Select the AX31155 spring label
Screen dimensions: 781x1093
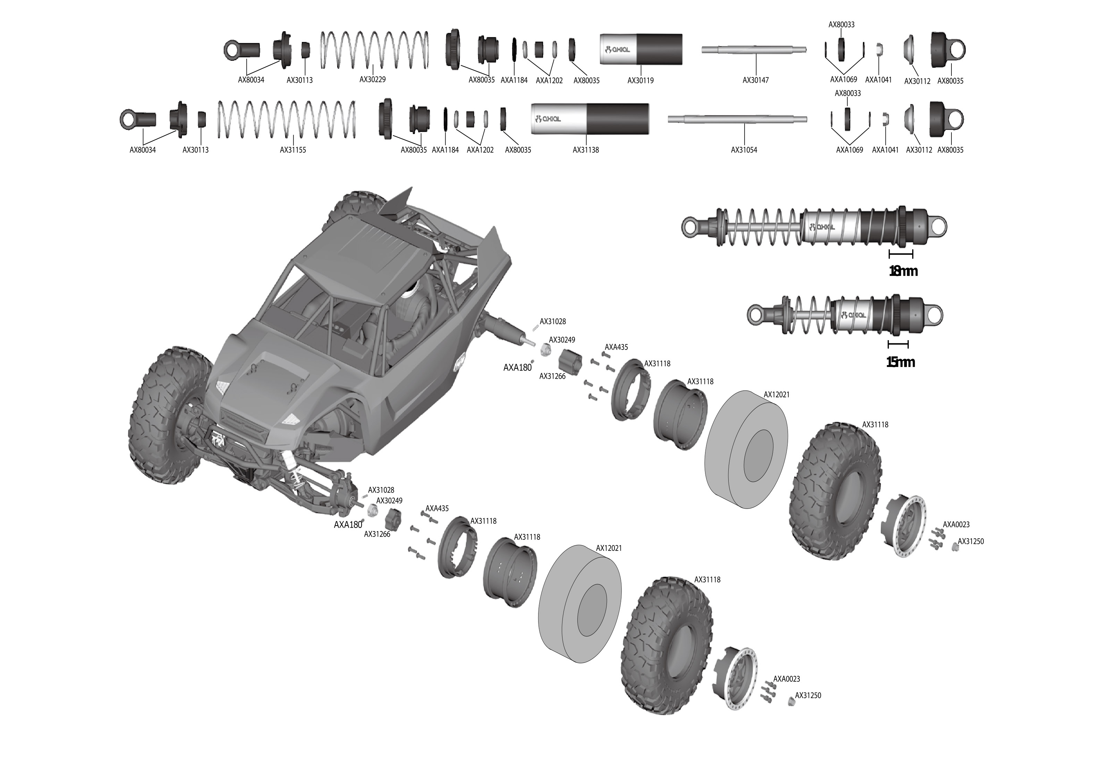point(293,150)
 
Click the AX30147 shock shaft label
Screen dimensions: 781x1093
point(756,80)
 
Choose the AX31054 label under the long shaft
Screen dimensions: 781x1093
point(744,150)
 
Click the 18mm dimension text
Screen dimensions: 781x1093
point(903,272)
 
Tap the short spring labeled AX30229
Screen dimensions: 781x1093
point(374,50)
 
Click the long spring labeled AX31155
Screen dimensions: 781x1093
point(287,119)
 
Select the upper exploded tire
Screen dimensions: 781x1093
point(836,490)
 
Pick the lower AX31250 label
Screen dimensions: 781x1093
point(808,695)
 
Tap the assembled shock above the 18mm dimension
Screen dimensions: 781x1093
point(814,226)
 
